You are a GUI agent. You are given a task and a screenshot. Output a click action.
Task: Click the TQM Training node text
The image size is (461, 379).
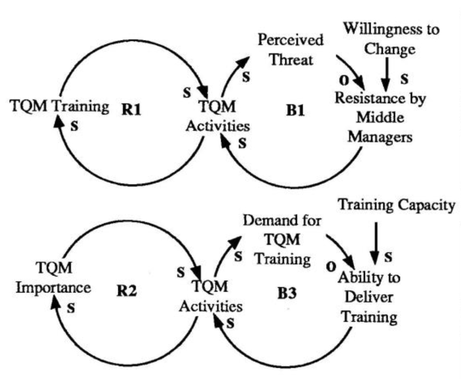tap(60, 106)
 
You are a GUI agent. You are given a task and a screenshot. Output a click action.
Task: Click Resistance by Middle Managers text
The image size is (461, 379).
tap(379, 118)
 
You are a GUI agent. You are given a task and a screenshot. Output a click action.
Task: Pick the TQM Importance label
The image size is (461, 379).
tap(52, 277)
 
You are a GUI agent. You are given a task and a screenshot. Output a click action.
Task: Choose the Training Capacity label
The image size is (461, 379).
tap(396, 205)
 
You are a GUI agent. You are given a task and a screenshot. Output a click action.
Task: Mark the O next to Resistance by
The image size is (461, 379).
tap(342, 82)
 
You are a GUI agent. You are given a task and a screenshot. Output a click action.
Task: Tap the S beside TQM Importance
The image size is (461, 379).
tap(71, 309)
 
